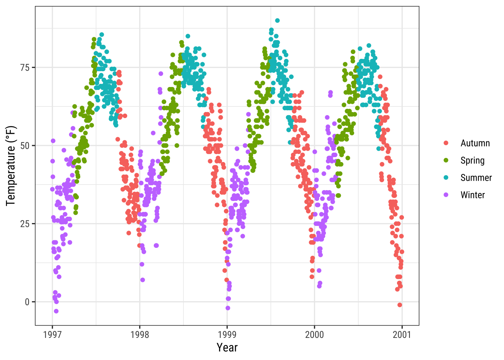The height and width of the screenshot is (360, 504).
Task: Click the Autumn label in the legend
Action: click(x=475, y=143)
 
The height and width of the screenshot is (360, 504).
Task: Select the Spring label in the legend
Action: click(x=472, y=160)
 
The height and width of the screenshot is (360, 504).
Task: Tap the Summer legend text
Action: click(x=476, y=178)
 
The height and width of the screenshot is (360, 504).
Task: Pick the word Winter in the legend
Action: click(x=472, y=195)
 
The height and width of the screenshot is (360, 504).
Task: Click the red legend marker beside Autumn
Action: click(x=446, y=143)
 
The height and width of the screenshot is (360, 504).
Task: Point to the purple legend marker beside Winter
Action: click(x=446, y=195)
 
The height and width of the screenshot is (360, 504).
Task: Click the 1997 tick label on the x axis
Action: click(x=52, y=334)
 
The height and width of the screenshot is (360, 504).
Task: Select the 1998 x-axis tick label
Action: click(x=139, y=334)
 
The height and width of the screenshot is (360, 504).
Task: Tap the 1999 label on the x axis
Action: click(x=227, y=334)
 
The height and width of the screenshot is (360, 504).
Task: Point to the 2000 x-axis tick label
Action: click(x=314, y=334)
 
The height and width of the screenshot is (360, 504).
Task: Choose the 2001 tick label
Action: click(x=402, y=334)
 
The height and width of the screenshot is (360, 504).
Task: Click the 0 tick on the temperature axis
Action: click(x=27, y=302)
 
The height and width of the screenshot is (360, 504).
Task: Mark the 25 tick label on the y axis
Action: click(x=25, y=224)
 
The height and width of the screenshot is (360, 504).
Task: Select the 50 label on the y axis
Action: click(x=25, y=145)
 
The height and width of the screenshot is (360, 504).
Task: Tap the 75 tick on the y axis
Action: click(x=25, y=67)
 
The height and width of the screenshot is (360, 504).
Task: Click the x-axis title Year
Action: click(x=227, y=348)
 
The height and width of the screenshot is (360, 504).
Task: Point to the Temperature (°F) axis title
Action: click(x=11, y=166)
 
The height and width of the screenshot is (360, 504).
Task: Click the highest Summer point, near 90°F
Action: click(x=277, y=21)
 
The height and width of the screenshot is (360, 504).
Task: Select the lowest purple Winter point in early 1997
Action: click(x=56, y=311)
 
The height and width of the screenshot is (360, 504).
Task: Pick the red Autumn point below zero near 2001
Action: click(x=399, y=305)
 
